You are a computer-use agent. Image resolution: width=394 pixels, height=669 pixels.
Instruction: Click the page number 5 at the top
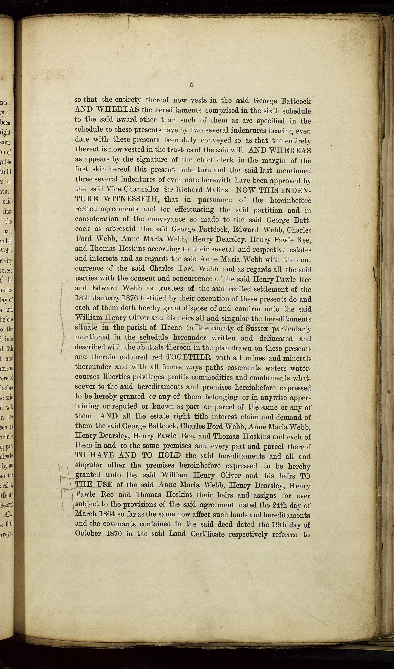[192, 84]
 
